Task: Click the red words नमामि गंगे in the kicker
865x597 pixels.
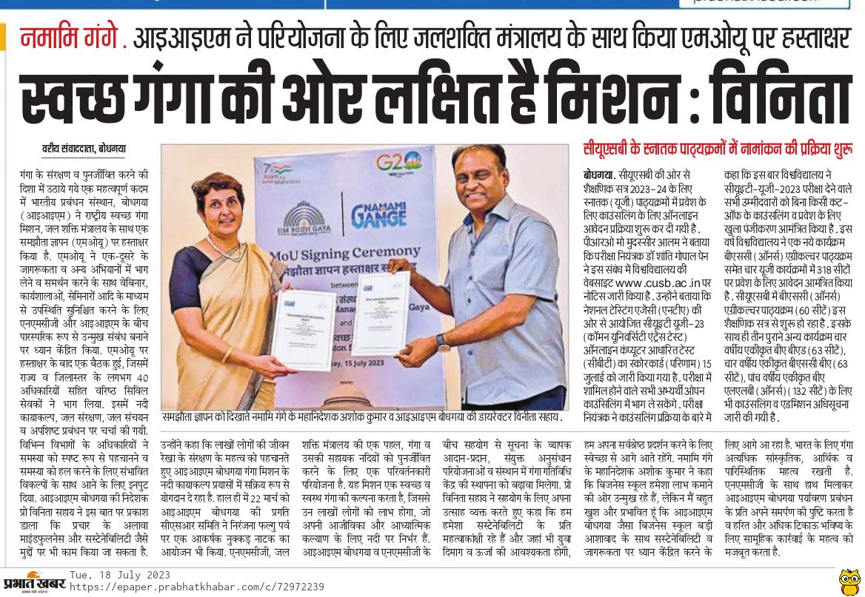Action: click(x=70, y=37)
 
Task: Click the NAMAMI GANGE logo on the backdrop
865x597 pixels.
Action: click(x=378, y=212)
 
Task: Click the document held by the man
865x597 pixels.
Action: click(x=379, y=314)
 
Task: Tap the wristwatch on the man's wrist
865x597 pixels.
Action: click(x=443, y=342)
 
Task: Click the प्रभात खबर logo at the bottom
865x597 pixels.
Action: click(x=33, y=581)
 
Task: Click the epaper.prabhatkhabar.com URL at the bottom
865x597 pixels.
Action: click(x=196, y=587)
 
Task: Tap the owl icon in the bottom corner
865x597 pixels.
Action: click(x=849, y=581)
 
